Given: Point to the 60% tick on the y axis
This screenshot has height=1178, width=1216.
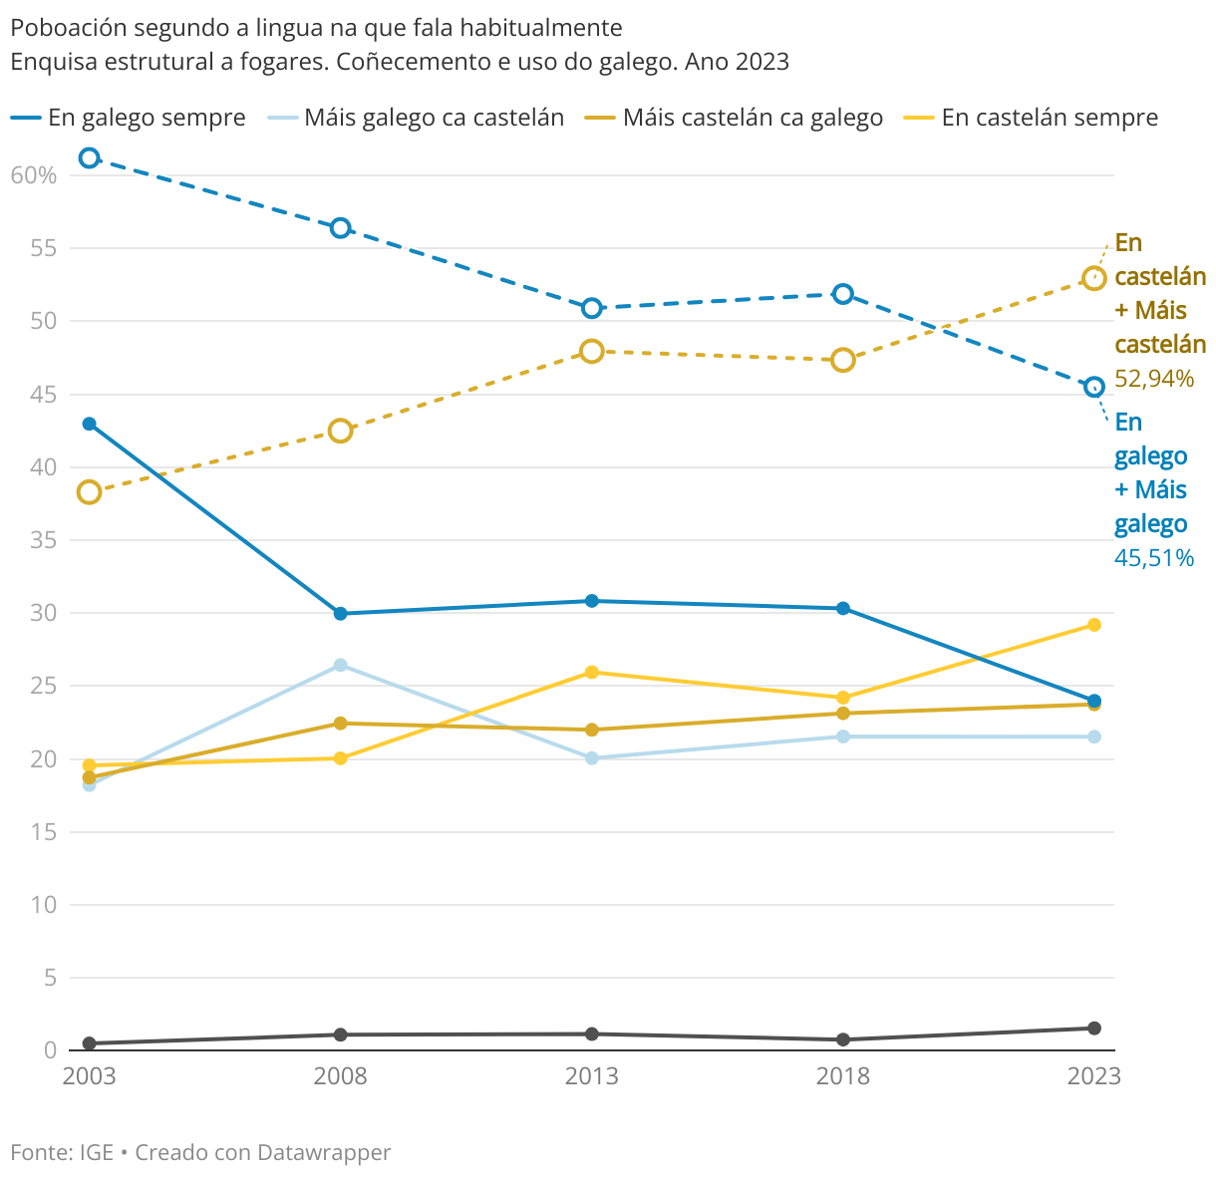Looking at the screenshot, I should [x=34, y=175].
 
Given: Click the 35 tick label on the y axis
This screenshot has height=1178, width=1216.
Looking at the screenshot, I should [x=43, y=540].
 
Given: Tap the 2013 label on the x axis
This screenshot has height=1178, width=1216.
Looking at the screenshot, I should [x=591, y=1076].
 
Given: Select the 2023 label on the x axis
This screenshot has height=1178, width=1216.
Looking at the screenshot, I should [x=1093, y=1076].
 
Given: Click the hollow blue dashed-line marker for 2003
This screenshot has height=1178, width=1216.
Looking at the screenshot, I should [x=89, y=157].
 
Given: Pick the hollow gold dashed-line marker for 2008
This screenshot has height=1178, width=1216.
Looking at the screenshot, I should [x=340, y=431].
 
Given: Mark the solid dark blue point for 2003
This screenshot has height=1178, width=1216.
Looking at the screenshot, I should [x=89, y=424].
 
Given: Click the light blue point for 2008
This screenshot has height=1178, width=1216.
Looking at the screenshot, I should [x=340, y=665].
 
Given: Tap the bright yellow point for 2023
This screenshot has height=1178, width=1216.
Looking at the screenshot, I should [x=1093, y=625].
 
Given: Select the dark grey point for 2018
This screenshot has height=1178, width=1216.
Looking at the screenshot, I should [x=843, y=1039].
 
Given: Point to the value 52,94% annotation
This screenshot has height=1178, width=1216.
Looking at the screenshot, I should [x=1153, y=379].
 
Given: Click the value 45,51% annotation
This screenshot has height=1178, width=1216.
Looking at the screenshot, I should [x=1153, y=558].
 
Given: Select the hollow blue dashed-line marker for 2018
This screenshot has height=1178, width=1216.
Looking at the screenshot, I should [x=843, y=294].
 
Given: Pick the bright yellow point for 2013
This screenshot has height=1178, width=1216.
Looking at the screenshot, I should [x=591, y=672].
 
